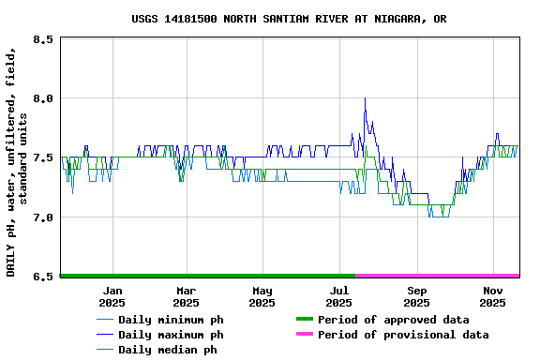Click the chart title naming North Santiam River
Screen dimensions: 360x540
(289, 19)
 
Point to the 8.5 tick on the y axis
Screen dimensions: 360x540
(42, 39)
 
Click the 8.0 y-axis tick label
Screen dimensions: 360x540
(42, 98)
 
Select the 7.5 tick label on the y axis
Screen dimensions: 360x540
(42, 157)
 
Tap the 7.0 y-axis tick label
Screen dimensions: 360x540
(42, 217)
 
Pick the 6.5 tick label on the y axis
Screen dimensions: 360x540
(42, 277)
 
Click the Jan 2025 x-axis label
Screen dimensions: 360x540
(112, 296)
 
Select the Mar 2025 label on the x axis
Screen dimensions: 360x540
(186, 296)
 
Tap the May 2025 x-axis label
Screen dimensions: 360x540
(262, 296)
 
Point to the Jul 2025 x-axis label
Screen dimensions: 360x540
(339, 296)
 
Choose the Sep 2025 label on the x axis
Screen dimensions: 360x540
(417, 296)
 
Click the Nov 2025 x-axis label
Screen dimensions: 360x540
(493, 296)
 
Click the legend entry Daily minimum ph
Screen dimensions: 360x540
(171, 320)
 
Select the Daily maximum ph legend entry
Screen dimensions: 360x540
(171, 335)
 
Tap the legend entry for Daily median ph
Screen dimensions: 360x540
(167, 350)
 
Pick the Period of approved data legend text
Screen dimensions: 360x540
(393, 320)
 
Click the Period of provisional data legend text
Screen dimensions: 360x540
(403, 335)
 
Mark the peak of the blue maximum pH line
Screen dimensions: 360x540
(365, 98)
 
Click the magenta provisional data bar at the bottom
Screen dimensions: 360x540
(437, 276)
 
